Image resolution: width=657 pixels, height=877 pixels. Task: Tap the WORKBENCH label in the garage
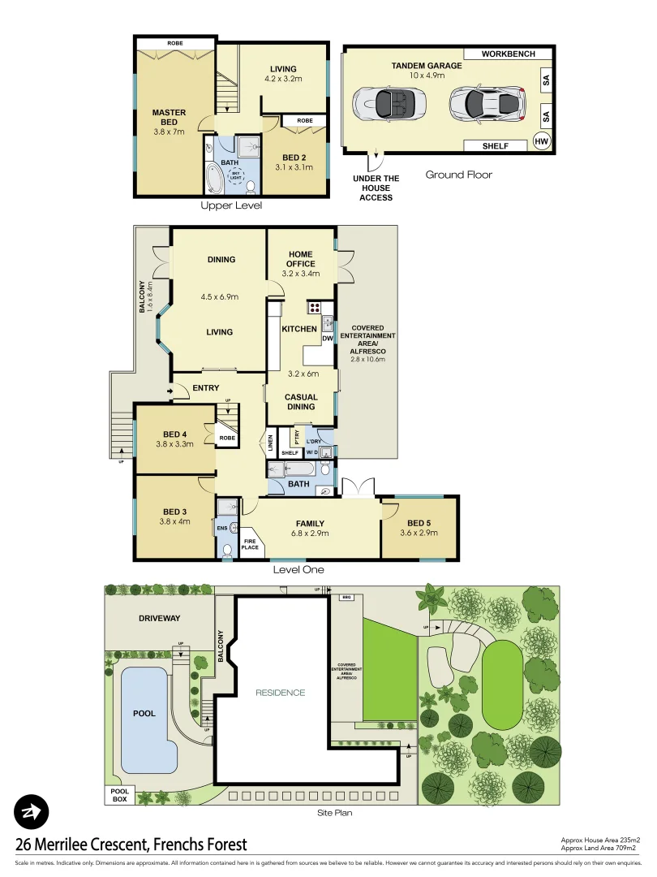(509, 54)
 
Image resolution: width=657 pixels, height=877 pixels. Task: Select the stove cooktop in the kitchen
(314, 308)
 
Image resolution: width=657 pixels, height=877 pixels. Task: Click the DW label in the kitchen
(328, 338)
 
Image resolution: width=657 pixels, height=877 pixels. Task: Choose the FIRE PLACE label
(250, 543)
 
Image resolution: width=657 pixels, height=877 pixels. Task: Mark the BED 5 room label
(419, 528)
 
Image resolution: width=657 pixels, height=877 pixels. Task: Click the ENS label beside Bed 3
(222, 529)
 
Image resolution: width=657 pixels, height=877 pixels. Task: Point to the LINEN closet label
(270, 443)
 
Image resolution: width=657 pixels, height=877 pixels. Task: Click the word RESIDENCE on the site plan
(281, 693)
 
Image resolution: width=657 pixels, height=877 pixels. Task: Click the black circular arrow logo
(32, 811)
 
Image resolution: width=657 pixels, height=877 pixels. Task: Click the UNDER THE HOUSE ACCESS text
(376, 188)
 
